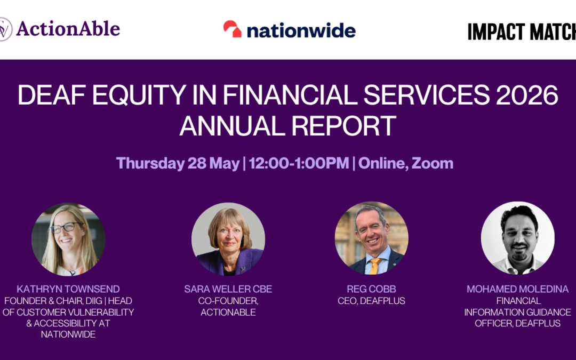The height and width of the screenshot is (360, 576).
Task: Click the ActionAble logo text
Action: pos(68,29)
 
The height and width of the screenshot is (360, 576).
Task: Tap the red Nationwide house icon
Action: pos(233,29)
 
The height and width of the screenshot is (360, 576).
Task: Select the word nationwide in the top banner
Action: pos(301,30)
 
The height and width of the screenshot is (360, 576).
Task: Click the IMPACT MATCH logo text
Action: pos(521,32)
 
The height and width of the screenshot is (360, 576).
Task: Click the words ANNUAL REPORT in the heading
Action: pos(287,126)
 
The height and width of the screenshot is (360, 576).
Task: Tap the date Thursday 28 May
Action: pos(178,163)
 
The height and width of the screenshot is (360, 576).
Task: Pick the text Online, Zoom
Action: pos(406,163)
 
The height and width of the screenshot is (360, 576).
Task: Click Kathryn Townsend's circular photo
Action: pos(68,239)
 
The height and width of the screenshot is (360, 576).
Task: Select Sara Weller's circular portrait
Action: pos(228,239)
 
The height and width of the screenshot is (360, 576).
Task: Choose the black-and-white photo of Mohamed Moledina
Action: pos(517,238)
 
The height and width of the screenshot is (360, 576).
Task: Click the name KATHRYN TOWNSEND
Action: pos(68,289)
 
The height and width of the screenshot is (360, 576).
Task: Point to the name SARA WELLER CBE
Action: pos(228,289)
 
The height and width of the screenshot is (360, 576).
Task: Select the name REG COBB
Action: pos(371,289)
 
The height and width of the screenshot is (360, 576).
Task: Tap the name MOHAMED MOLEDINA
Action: pos(517,289)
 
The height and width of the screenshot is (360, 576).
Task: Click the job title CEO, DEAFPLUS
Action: pos(371,301)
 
